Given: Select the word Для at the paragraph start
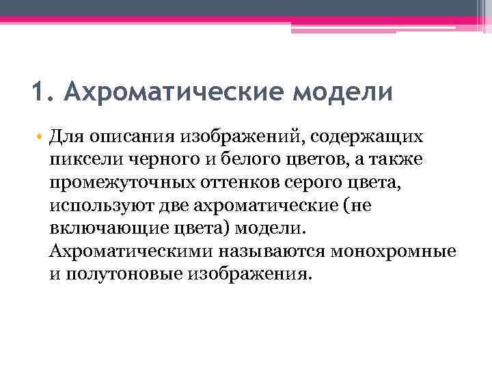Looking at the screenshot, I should pyautogui.click(x=66, y=137).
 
